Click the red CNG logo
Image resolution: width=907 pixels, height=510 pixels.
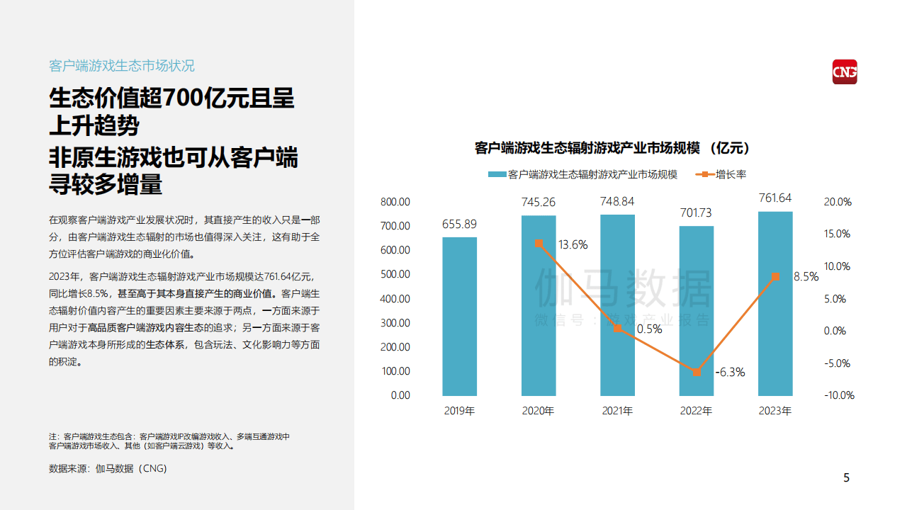844,72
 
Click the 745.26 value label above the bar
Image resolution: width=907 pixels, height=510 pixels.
539,203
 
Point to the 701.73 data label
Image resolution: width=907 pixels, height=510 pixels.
696,212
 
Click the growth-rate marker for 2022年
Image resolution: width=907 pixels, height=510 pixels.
697,372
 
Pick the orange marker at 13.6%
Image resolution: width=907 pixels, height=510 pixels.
539,243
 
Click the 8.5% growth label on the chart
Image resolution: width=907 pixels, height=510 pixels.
806,277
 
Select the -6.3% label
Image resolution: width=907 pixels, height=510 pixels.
731,372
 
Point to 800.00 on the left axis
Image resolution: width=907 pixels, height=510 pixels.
395,202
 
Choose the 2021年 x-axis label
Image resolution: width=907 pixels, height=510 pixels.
617,411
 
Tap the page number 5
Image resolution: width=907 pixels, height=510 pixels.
846,478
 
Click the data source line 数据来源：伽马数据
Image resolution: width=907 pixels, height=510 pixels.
108,468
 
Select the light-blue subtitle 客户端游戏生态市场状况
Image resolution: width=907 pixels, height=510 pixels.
122,66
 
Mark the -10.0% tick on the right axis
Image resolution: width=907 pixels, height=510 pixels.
839,395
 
